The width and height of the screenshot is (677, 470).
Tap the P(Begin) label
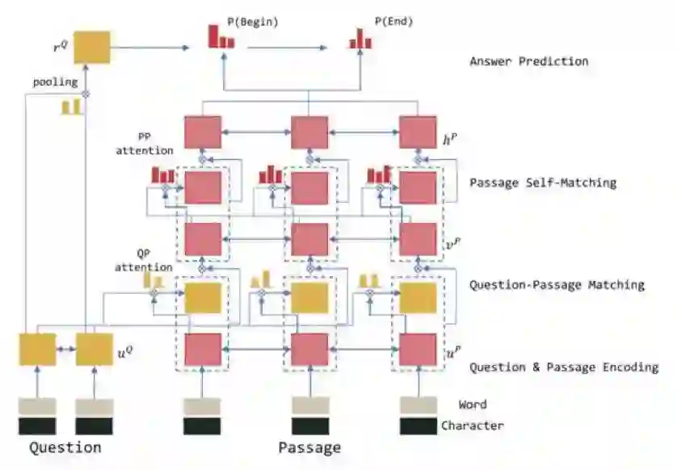[256, 23]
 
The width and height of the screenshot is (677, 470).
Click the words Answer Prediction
[528, 61]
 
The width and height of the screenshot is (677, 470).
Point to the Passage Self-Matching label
[542, 183]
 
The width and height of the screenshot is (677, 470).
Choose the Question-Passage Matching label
[557, 284]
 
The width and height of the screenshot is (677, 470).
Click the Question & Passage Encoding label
[564, 367]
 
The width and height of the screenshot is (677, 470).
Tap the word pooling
[55, 82]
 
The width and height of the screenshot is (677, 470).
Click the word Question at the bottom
[65, 447]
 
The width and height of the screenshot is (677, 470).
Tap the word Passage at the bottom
[309, 447]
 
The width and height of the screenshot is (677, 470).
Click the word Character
[472, 426]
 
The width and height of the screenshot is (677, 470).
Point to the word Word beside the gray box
[472, 405]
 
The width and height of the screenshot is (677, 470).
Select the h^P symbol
[451, 140]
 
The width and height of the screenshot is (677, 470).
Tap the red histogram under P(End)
[360, 39]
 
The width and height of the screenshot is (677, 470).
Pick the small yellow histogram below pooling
[71, 107]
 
